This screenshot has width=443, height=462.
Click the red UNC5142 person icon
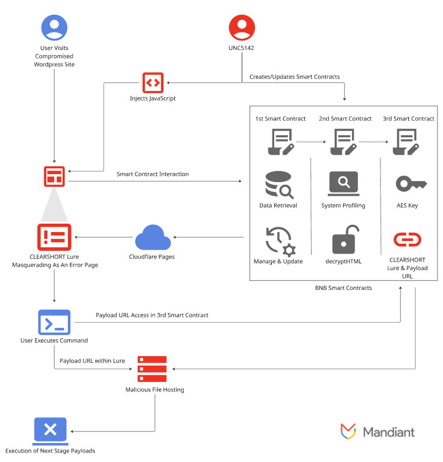[x=242, y=28]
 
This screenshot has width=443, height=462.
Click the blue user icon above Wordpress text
[x=54, y=28]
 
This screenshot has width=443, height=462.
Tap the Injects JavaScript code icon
[x=153, y=83]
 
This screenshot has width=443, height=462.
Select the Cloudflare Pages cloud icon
[x=153, y=238]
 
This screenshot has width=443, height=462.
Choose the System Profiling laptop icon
[x=344, y=183]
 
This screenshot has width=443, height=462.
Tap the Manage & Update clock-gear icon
[x=279, y=240]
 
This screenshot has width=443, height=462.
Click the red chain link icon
[x=407, y=240]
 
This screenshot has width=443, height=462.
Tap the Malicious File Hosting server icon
[x=152, y=369]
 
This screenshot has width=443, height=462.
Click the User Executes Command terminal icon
[x=54, y=322]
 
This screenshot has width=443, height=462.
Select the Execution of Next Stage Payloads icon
[x=50, y=429]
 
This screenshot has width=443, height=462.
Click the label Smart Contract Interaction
[x=153, y=174]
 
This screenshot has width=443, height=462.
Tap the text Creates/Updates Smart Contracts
[x=294, y=77]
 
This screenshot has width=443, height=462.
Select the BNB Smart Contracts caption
[x=343, y=288]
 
